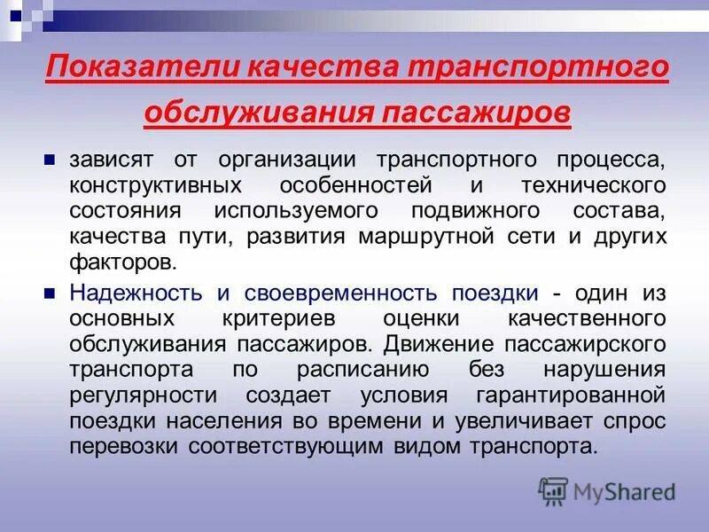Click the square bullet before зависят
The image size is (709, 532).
pyautogui.click(x=50, y=160)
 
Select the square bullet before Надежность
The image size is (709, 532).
pyautogui.click(x=50, y=292)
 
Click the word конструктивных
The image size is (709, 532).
pyautogui.click(x=144, y=187)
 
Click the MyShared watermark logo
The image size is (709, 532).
pyautogui.click(x=606, y=490)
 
